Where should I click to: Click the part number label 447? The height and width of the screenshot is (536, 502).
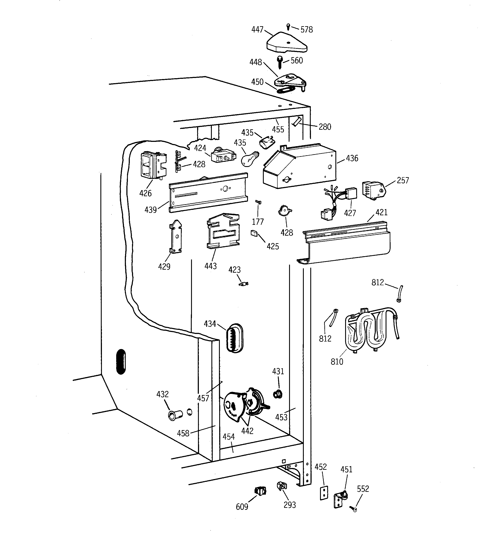[x=257, y=29]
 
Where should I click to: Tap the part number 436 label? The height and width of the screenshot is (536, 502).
[x=352, y=158]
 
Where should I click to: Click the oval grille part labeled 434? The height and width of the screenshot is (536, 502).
[x=234, y=338]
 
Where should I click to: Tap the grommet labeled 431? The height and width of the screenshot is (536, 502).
[x=278, y=394]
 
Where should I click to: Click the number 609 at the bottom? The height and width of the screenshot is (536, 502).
[x=242, y=507]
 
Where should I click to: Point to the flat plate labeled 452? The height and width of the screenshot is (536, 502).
[x=324, y=493]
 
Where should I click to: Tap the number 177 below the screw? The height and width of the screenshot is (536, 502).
[x=258, y=222]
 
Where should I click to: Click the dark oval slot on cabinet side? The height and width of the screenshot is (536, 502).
[x=121, y=362]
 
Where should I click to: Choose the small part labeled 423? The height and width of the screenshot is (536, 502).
[x=244, y=284]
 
